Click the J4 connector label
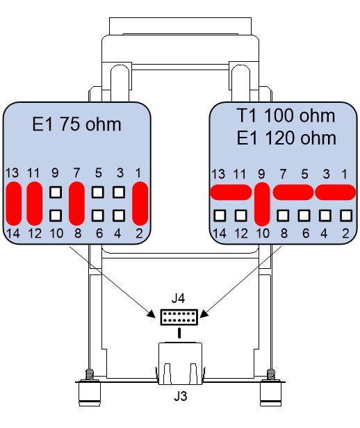[178, 298]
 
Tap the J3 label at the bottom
[181, 396]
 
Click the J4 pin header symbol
[179, 317]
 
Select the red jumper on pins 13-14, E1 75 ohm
[14, 204]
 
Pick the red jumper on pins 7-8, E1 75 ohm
[76, 204]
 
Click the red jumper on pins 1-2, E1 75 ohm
[140, 204]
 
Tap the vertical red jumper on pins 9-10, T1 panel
[262, 204]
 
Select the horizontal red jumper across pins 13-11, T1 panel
[231, 192]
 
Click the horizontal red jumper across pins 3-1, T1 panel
[336, 192]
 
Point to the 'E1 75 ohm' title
[76, 124]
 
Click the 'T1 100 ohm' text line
[286, 116]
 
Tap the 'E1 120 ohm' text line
[286, 138]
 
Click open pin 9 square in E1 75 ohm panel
[56, 192]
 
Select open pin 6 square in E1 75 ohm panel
[98, 215]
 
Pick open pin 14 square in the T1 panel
[220, 215]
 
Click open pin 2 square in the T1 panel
[346, 215]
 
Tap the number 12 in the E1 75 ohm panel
[34, 233]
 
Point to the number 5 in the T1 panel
[304, 174]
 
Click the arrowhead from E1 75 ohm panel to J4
[151, 313]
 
